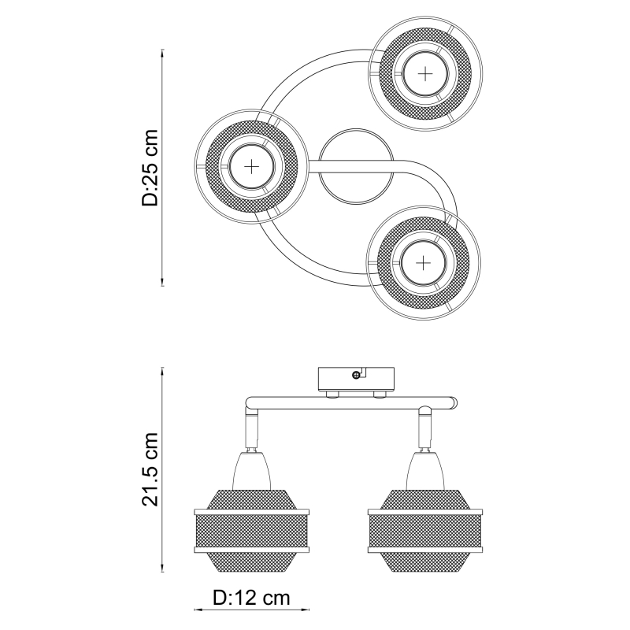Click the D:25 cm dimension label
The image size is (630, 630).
(150, 168)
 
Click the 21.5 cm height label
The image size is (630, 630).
(150, 469)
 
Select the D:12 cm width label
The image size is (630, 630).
(251, 598)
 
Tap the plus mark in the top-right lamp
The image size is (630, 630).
(424, 74)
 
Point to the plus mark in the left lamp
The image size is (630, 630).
(251, 166)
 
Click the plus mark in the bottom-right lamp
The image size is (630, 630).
(423, 263)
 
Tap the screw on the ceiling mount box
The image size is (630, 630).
(356, 376)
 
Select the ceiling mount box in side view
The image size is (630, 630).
(356, 380)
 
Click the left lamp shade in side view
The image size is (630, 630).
(251, 530)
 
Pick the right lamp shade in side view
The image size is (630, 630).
(425, 530)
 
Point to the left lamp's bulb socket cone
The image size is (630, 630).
(251, 471)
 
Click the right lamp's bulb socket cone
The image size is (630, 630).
(425, 471)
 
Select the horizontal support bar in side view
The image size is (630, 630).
(351, 403)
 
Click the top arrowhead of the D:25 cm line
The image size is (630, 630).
(162, 53)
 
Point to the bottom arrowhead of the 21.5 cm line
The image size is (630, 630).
(162, 569)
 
